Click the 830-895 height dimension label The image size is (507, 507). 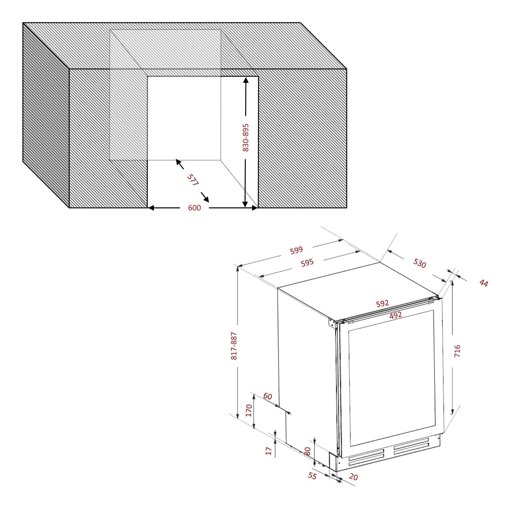coord(246,137)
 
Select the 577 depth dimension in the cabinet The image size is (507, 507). coord(193,179)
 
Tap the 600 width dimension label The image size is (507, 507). coord(194,208)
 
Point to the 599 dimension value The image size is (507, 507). coord(296,250)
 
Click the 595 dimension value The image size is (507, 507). coord(307,263)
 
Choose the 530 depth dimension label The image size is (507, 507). coord(420,263)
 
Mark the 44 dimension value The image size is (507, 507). coord(484,283)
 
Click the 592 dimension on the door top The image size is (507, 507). coord(382,304)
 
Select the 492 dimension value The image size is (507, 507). coord(395,315)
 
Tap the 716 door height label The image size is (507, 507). coord(457,351)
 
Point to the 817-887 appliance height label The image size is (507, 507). coord(234,346)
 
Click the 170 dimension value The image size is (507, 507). coord(249,410)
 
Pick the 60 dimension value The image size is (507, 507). coord(268,396)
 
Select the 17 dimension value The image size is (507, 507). coord(269,451)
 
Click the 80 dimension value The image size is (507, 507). coord(307,451)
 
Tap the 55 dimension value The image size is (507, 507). coord(313,476)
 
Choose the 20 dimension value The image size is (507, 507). coord(353,477)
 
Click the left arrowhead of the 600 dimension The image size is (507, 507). coord(151,208)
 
